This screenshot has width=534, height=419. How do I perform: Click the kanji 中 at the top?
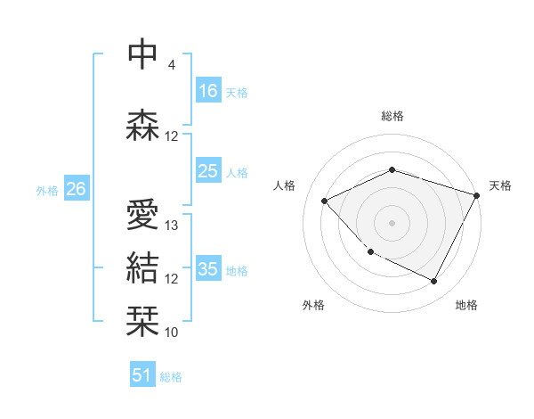tap(143, 54)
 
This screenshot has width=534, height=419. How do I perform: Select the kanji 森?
tap(143, 126)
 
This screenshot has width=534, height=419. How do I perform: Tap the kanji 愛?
tap(143, 215)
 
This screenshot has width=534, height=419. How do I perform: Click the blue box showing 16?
tap(208, 91)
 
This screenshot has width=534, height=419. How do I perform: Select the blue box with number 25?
tap(208, 171)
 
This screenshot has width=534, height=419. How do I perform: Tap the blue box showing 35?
tap(208, 269)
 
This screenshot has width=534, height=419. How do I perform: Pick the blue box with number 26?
tap(76, 189)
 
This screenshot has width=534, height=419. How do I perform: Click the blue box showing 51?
tap(142, 375)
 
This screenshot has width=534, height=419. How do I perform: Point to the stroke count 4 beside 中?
tap(172, 65)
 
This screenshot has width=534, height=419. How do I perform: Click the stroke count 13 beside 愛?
tap(172, 226)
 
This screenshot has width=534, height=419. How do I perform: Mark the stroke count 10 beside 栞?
tap(172, 333)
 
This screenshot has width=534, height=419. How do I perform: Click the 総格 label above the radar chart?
tap(392, 116)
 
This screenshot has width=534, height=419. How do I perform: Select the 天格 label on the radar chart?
tap(500, 185)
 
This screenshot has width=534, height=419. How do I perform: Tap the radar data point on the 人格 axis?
tap(325, 201)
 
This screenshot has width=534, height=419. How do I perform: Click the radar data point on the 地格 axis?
tap(433, 282)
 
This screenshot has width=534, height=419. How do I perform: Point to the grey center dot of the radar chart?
tap(392, 223)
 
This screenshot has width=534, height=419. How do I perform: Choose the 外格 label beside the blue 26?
tap(47, 190)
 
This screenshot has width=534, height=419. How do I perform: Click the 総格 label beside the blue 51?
tap(171, 377)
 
